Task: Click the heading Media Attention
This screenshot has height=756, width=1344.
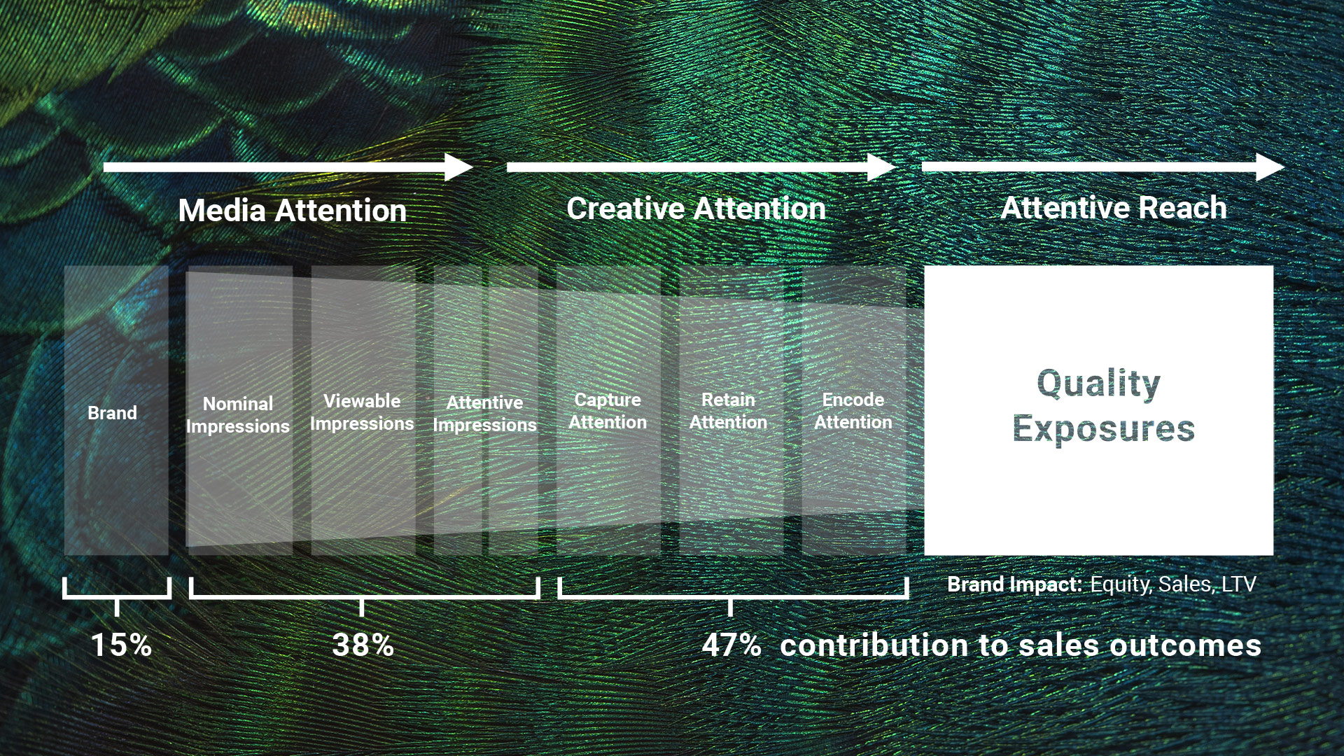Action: point(292,211)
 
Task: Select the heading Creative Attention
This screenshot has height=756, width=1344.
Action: point(696,209)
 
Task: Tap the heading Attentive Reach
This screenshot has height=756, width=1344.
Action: point(1113,208)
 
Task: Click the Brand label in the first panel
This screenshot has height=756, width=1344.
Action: point(112,413)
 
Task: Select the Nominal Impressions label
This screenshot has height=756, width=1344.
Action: point(238,415)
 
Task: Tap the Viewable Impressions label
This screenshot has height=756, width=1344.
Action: point(362,412)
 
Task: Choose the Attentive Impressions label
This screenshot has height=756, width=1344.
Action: point(484,414)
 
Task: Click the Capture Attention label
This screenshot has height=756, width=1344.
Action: point(608,411)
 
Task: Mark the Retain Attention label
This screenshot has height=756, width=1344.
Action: point(728,411)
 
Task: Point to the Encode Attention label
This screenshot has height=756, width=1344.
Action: point(853,411)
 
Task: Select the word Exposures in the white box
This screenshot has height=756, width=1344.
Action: point(1103,428)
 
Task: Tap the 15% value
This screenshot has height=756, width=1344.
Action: point(121,645)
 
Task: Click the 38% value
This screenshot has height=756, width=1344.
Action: point(363,645)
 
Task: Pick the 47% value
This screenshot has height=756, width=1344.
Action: point(731,645)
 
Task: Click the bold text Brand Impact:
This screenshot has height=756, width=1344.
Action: point(1014,584)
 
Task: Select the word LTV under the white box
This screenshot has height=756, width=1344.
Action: point(1238,584)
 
